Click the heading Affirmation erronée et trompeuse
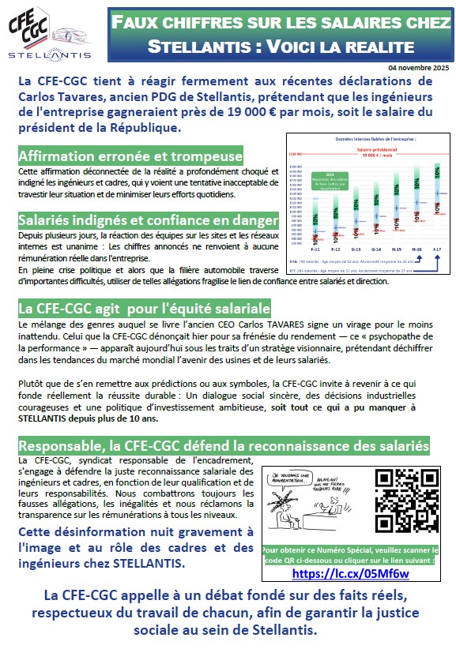130,156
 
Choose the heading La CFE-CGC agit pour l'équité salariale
145,307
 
